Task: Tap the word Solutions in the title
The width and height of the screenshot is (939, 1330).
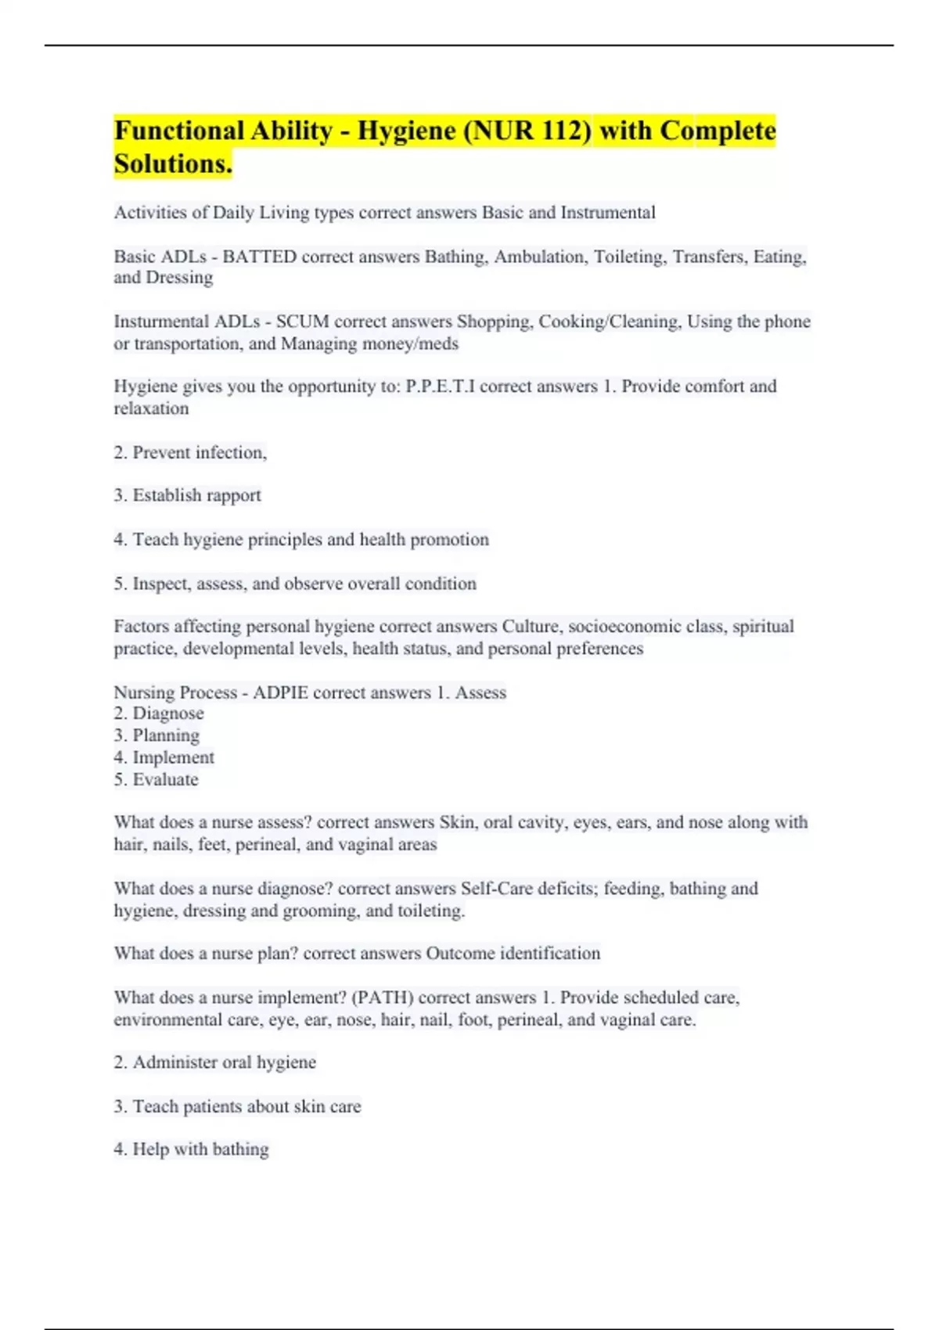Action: coord(171,164)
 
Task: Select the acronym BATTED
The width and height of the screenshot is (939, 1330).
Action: coord(260,257)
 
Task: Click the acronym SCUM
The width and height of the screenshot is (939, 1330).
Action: coord(302,322)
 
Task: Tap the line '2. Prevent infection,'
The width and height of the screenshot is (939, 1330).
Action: coord(190,452)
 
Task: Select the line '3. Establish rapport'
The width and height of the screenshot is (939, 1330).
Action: coord(187,495)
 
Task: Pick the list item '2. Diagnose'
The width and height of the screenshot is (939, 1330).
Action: coord(159,714)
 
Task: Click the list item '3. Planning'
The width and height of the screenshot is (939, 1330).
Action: coord(156,735)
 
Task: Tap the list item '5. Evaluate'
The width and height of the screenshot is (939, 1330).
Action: coord(156,779)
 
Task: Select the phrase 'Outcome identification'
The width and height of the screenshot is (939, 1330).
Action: coord(513,954)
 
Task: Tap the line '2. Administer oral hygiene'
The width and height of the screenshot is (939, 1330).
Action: coord(215,1062)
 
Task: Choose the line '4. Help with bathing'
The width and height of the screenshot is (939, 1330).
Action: coord(191,1149)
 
